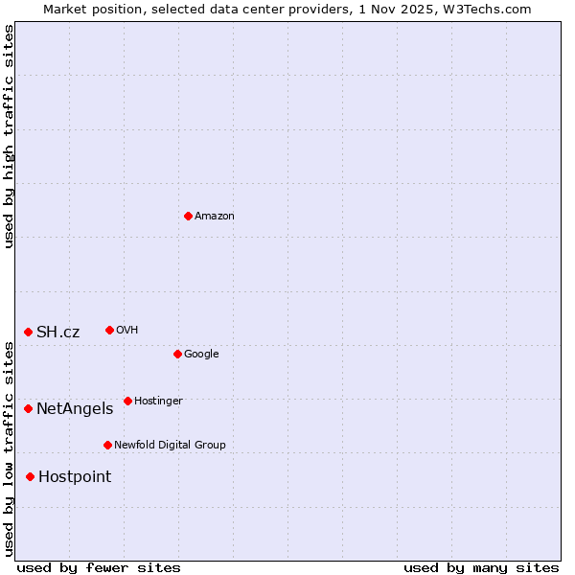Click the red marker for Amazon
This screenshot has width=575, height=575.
(188, 216)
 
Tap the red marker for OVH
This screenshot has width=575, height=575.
(109, 330)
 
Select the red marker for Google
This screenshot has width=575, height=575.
(177, 354)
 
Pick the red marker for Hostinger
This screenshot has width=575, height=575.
(127, 401)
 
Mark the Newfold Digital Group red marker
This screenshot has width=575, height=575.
(107, 445)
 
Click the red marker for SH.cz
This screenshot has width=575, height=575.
(28, 332)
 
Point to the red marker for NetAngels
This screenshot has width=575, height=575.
(28, 408)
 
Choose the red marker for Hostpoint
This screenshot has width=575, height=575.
(30, 476)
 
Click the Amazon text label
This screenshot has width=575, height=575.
(215, 217)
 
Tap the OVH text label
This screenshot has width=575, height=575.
(127, 331)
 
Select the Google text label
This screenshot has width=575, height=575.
(201, 355)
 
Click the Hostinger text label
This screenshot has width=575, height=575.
(158, 402)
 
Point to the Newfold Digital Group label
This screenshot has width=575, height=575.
(170, 446)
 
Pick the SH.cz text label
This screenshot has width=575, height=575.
(58, 333)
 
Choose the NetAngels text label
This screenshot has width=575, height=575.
(75, 409)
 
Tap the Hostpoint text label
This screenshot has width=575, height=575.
(75, 477)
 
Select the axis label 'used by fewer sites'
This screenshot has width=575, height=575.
(99, 568)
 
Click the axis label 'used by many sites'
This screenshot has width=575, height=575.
(481, 568)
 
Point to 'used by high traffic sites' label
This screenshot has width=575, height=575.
(9, 136)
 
